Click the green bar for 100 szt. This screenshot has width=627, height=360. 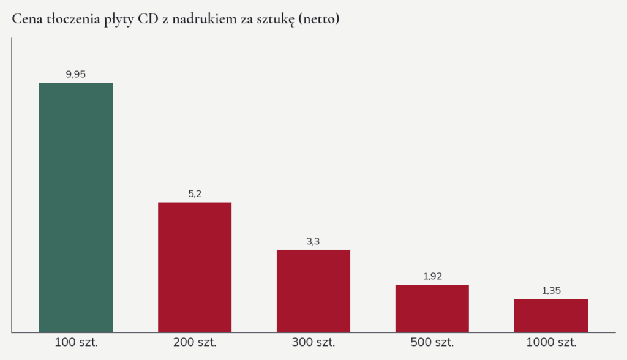75,208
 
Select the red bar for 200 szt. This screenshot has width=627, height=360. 195,267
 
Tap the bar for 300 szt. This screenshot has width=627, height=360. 313,291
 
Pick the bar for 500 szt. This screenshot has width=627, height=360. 432,309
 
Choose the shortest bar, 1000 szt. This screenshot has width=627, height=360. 551,315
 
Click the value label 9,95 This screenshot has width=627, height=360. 75,75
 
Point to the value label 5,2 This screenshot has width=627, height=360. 195,194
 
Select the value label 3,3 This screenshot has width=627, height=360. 313,241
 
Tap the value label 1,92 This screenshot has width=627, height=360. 433,276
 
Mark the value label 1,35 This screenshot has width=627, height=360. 552,291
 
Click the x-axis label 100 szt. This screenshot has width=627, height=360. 76,342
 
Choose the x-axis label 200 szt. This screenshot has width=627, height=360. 195,342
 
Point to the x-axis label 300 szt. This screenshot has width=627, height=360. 313,342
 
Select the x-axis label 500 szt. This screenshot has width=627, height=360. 432,342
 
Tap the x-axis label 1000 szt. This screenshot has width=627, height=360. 552,342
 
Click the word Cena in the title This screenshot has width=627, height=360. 27,19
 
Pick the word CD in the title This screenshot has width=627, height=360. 148,19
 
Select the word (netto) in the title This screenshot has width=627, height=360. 318,19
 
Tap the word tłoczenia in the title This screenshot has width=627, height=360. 73,19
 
